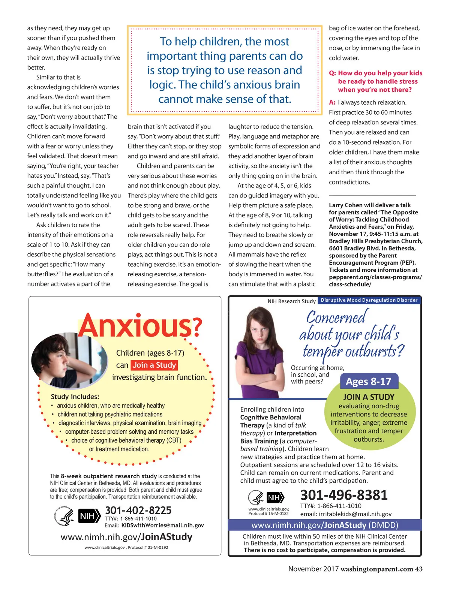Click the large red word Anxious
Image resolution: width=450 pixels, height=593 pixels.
point(135,325)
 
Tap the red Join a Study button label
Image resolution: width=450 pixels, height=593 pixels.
point(154,365)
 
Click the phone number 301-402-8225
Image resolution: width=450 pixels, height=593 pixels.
point(138,510)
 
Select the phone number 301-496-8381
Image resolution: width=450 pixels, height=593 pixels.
point(343,495)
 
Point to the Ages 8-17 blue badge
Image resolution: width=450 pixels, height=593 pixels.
point(368,382)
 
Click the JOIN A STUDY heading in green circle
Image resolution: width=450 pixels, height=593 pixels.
point(369,397)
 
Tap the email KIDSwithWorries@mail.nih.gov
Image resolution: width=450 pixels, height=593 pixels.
point(162,526)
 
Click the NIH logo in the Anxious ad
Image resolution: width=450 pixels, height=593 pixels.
point(89,516)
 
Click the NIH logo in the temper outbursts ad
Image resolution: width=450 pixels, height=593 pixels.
point(275,498)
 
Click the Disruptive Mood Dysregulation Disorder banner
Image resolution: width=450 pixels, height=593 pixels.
point(369,300)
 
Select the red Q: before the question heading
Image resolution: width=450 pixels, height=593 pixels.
point(332,73)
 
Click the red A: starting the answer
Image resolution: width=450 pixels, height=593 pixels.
point(332,102)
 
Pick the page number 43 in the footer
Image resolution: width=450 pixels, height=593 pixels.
point(418,569)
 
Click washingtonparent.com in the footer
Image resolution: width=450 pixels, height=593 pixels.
point(376,569)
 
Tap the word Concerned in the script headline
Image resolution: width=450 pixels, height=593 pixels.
point(336,317)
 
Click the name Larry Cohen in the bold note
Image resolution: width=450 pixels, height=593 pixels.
point(346,205)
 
